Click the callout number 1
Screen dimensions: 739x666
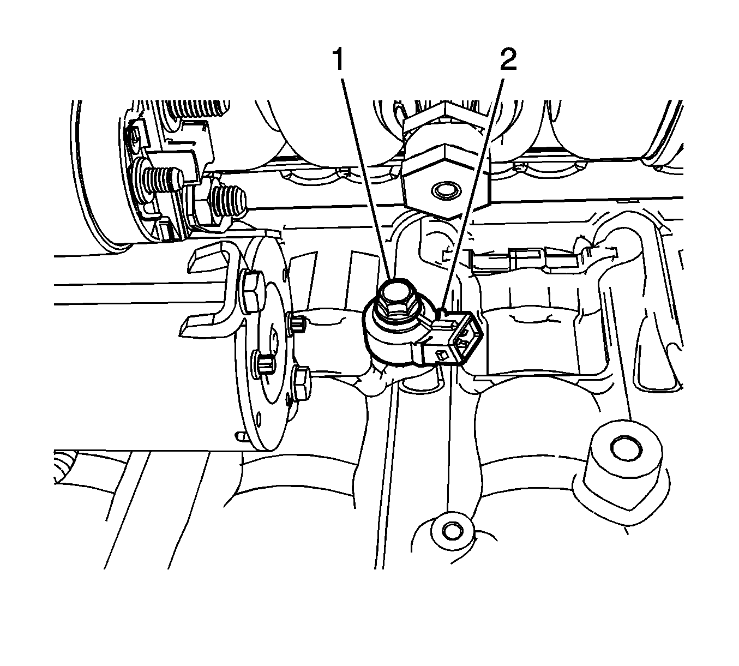338,59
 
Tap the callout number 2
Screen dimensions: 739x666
508,59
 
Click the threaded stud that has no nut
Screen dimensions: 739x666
163,180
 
